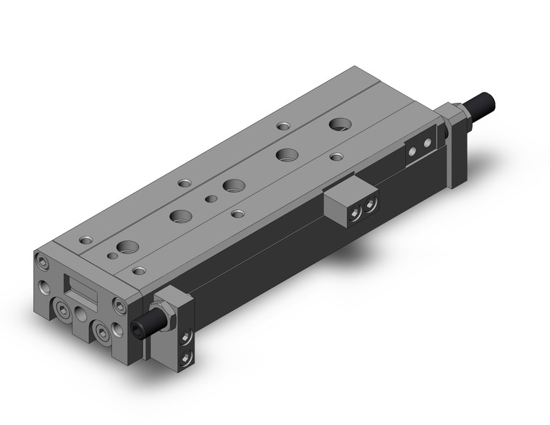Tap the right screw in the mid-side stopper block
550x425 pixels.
point(371,205)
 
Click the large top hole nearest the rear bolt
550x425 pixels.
point(338,125)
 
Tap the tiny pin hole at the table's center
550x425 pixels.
point(211,198)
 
